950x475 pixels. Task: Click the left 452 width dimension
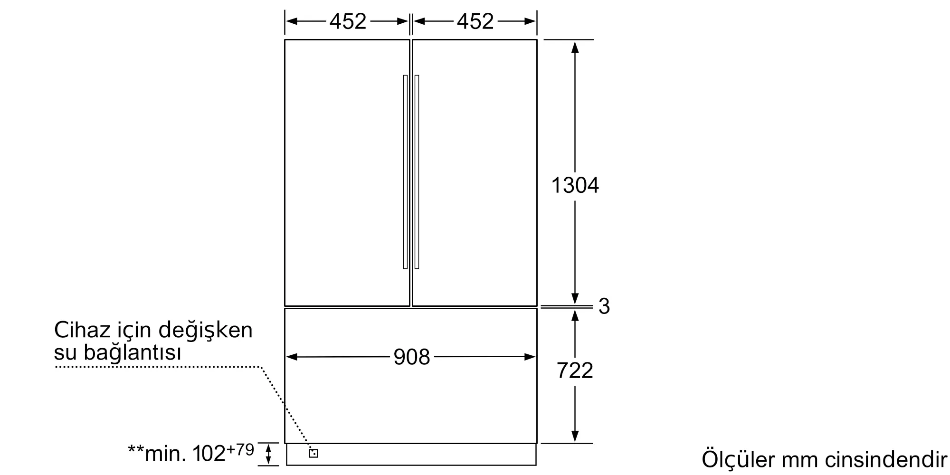(x=348, y=21)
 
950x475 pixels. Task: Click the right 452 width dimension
(x=475, y=21)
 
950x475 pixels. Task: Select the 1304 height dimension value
(x=575, y=185)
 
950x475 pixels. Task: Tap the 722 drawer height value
(x=575, y=370)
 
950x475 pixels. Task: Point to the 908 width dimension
(x=411, y=357)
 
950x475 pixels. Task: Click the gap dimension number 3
(x=604, y=306)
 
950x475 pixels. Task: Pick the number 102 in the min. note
(x=209, y=454)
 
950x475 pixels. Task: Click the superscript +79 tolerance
(x=240, y=449)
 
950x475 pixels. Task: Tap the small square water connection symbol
(x=313, y=453)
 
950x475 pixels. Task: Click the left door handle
(x=405, y=172)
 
